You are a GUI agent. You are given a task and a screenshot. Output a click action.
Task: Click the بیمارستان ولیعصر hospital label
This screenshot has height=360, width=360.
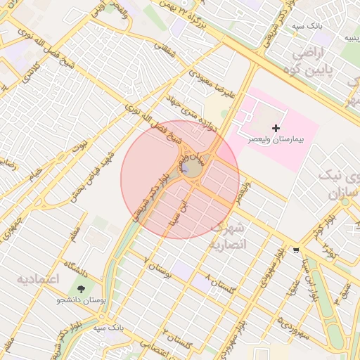click(279, 140)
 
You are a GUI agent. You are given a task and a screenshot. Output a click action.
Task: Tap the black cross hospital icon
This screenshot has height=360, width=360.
click(276, 128)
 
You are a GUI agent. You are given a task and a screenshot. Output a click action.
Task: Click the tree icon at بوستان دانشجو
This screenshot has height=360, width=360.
click(82, 290)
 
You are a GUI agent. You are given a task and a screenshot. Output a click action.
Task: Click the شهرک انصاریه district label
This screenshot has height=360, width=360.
click(229, 236)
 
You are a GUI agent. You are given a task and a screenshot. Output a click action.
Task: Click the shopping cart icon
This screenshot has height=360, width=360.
click(296, 249)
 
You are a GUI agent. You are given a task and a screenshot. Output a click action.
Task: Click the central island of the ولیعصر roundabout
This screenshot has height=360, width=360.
click(191, 169)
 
